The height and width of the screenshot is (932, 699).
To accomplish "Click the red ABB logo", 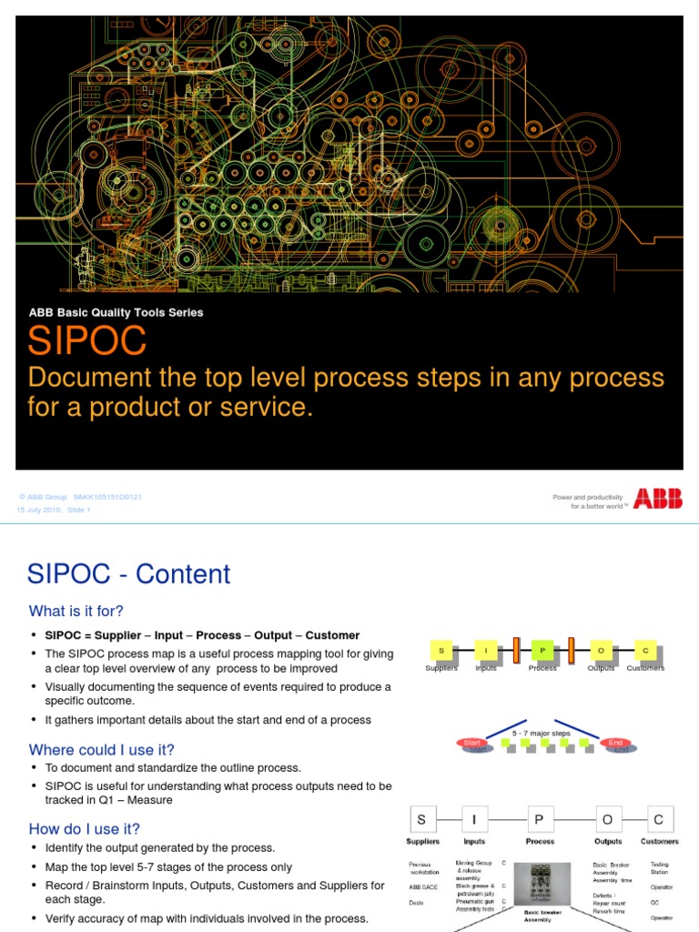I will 657,499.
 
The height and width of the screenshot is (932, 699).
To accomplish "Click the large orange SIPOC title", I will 86,342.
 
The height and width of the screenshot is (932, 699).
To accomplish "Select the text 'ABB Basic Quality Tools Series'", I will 116,312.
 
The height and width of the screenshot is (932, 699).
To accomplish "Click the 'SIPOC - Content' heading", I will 128,574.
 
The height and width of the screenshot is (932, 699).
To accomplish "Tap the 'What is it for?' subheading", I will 76,611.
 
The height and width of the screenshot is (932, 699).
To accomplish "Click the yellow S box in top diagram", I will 441,650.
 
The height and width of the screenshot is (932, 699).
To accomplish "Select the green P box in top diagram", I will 542,650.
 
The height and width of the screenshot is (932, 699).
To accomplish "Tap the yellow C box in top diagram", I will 645,650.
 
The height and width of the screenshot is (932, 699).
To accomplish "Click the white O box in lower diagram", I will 608,818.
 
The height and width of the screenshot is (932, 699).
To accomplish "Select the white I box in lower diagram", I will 474,818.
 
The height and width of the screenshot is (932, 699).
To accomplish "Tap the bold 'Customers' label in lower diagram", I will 659,841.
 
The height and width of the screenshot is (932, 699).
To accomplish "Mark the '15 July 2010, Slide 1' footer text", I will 54,510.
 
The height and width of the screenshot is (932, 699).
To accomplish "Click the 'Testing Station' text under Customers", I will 659,868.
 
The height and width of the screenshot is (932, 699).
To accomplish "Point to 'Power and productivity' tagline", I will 588,497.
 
